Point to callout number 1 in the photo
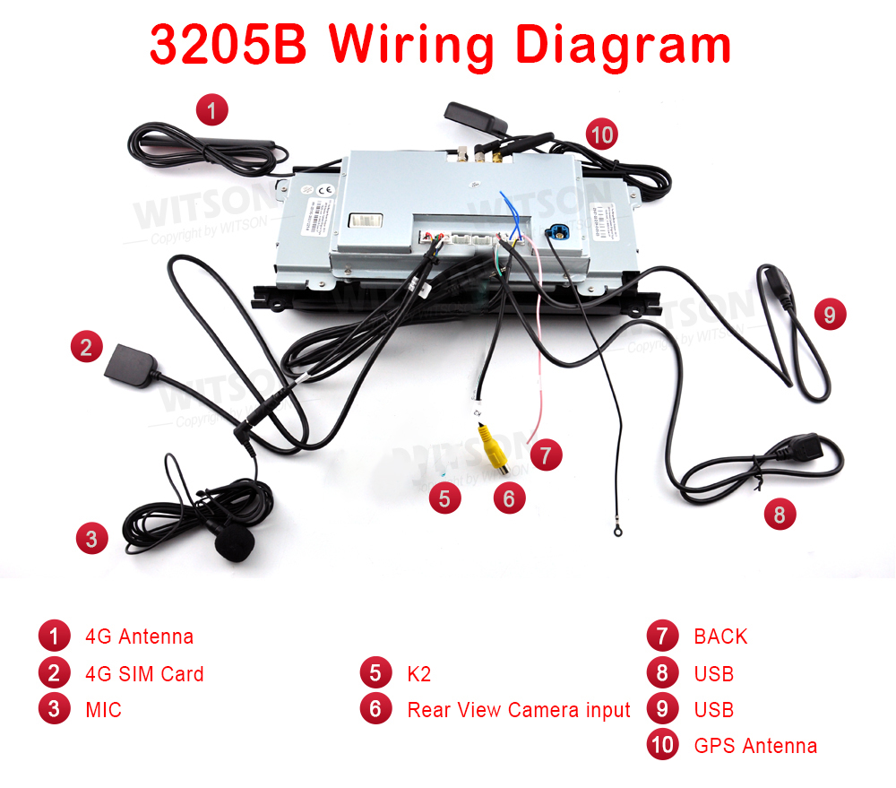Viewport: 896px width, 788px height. (211, 111)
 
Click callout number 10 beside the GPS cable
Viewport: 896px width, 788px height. (602, 135)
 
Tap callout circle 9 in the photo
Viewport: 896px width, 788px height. (830, 315)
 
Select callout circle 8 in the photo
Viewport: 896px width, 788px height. (780, 515)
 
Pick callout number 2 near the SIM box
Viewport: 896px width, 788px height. (86, 347)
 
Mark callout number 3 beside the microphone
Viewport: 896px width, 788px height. (91, 538)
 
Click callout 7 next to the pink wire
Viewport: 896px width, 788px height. (546, 455)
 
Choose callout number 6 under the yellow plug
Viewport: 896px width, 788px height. (509, 498)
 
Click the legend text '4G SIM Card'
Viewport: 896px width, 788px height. (144, 674)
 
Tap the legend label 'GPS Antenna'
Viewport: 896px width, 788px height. (755, 746)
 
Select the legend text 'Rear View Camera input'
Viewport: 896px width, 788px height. (519, 710)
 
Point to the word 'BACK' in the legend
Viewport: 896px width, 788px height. (720, 636)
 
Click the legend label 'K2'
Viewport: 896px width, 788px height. (418, 674)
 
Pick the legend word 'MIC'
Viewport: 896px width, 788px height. (103, 710)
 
